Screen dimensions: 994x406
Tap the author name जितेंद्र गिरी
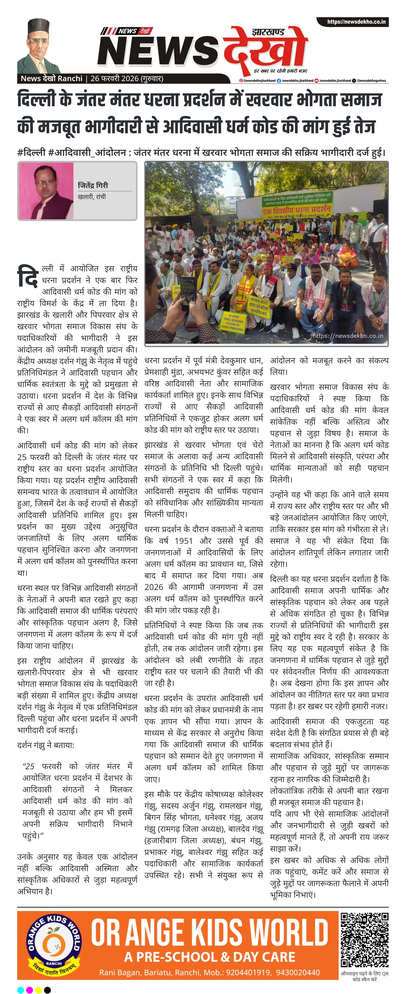(93, 185)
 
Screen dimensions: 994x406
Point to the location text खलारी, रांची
(92, 197)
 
